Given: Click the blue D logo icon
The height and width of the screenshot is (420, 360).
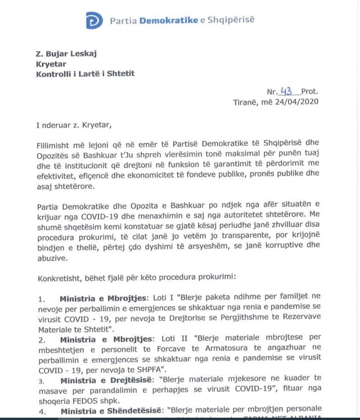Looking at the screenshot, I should tap(94, 21).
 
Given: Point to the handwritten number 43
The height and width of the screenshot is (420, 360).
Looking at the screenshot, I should tap(287, 91).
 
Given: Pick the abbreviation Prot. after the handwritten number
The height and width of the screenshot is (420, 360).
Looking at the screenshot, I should tap(309, 92).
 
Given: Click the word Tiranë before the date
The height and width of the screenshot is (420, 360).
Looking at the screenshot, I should tap(245, 102).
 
